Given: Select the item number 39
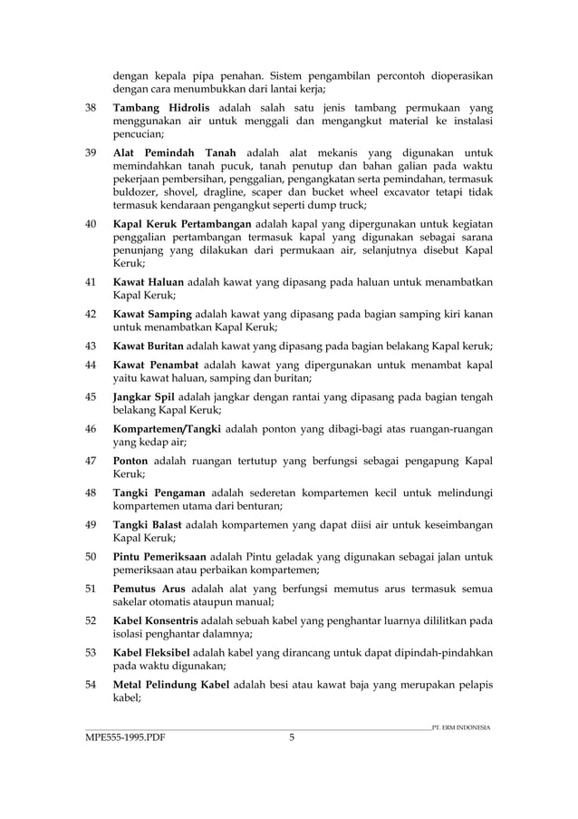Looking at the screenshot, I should (x=91, y=151).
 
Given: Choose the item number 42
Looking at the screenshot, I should (x=91, y=313).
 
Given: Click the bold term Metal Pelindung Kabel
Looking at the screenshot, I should (x=171, y=683).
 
